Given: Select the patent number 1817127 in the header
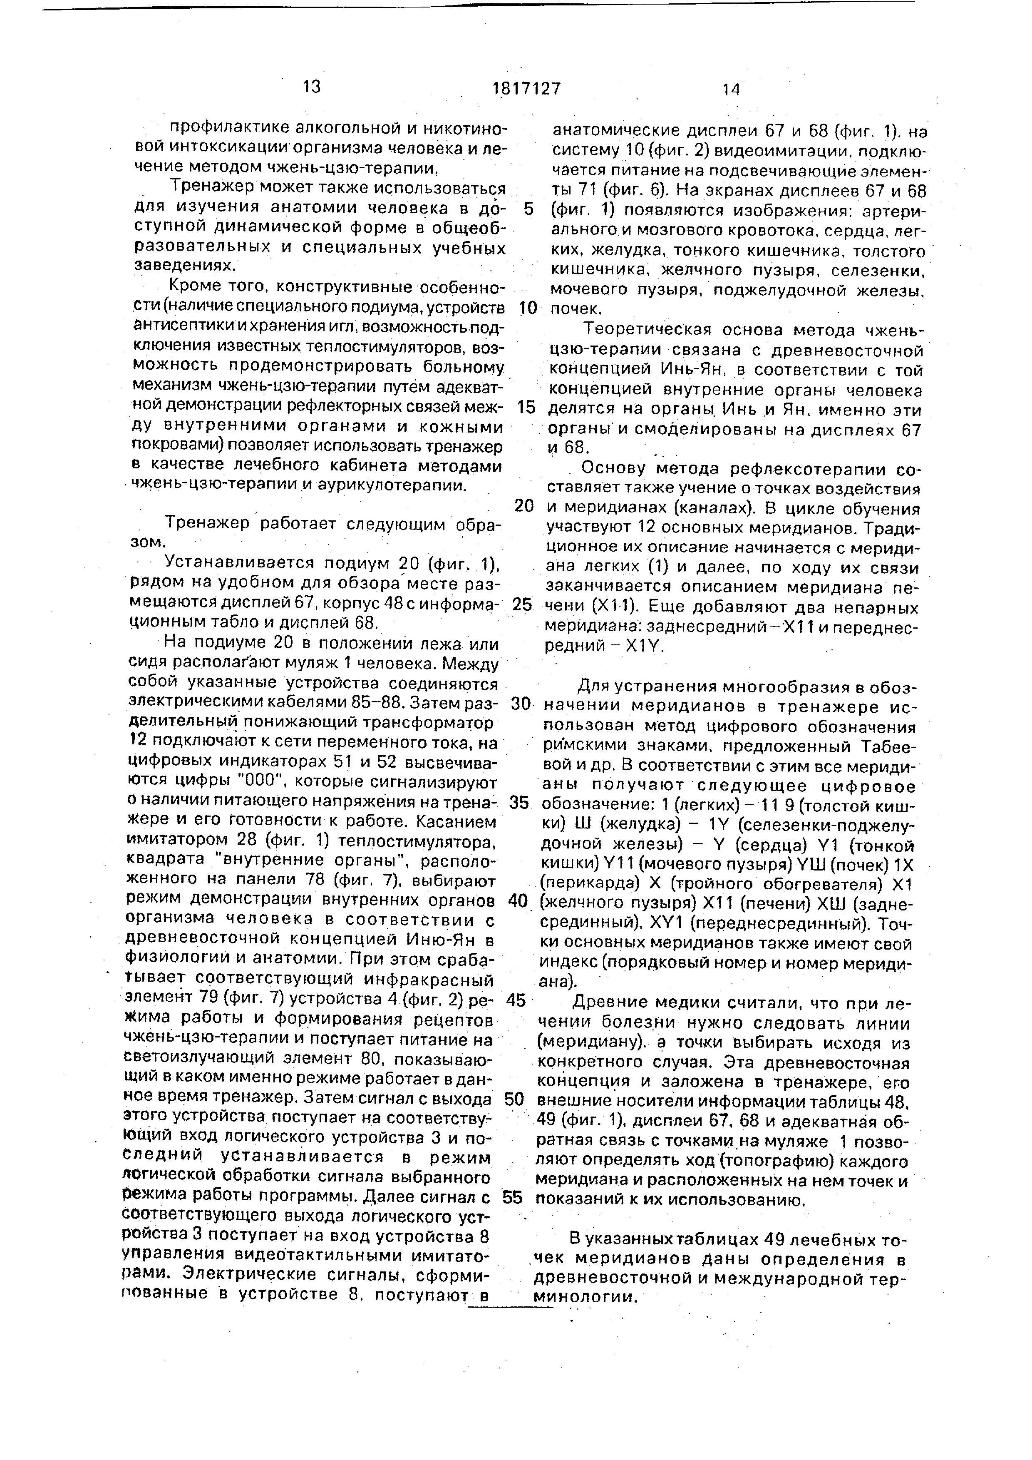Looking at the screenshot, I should [x=527, y=88].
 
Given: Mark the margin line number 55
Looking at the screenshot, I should [x=512, y=1198].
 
